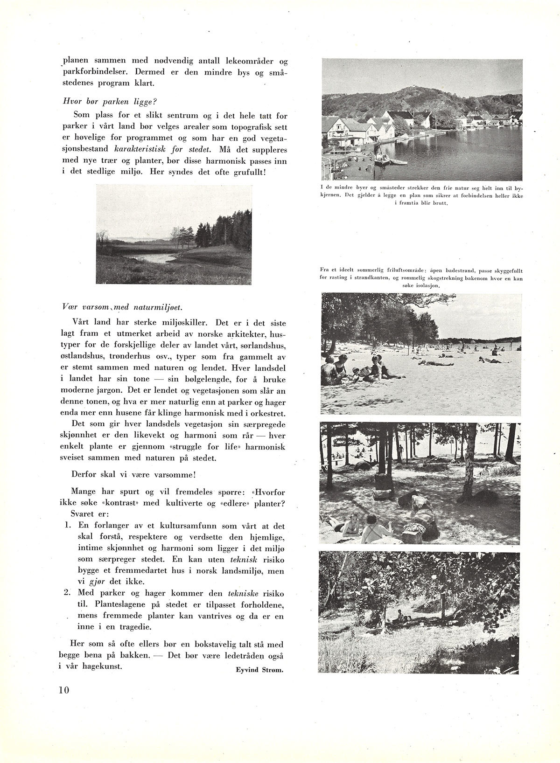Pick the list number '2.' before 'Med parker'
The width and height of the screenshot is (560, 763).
tap(68, 594)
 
